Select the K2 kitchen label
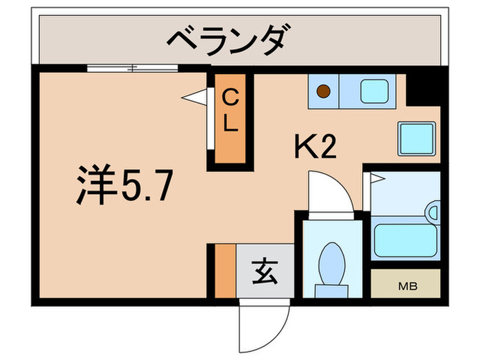(x=315, y=146)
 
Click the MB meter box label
(x=405, y=284)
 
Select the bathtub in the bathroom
(x=404, y=239)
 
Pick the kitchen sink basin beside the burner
(x=373, y=90)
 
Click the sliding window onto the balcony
(x=133, y=67)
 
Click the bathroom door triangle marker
(x=377, y=180)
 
